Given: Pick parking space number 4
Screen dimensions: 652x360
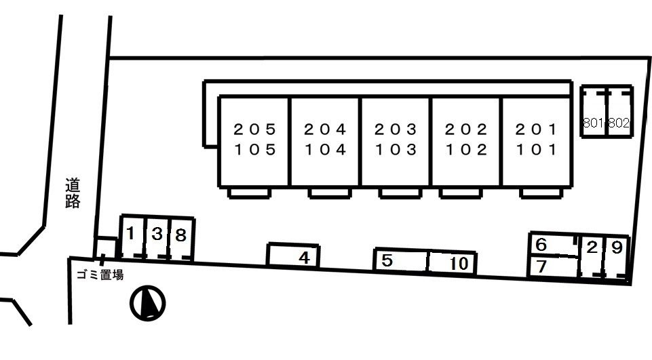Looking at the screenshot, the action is pos(294,255).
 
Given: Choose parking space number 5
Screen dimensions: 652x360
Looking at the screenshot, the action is pos(401,260).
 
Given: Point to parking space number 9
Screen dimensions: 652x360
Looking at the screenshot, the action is pos(617,258).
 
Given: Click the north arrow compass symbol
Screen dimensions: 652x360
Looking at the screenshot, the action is pos(148,303).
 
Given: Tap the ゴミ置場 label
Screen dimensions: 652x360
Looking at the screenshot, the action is pos(100,275).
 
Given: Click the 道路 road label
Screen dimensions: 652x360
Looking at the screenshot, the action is pos(73,193).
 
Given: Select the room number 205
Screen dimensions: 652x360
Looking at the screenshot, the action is pos(255,129).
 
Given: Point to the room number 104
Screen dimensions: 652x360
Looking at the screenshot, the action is pos(326,149).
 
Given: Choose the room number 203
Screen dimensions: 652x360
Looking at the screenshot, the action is pos(396,129).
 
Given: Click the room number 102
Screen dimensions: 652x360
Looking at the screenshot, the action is pos(466,149).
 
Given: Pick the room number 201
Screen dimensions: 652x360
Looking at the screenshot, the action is pos(536,129).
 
